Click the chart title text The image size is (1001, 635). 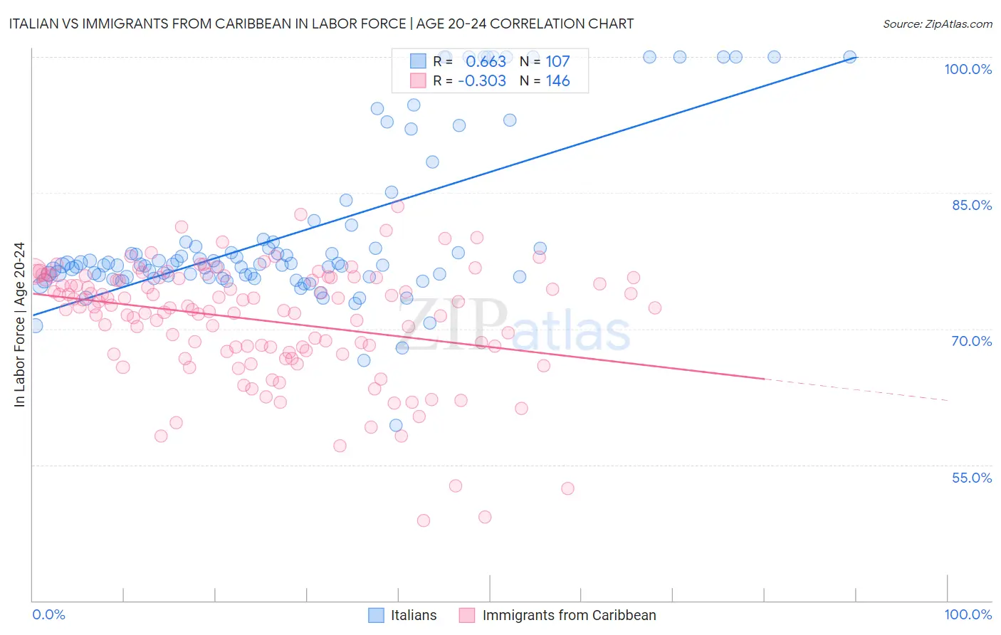pyautogui.click(x=320, y=23)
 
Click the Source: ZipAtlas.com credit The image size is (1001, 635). pyautogui.click(x=937, y=23)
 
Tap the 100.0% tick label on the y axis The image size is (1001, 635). pyautogui.click(x=968, y=69)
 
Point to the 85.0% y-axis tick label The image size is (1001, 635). pyautogui.click(x=972, y=205)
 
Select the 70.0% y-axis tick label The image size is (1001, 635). pyautogui.click(x=972, y=341)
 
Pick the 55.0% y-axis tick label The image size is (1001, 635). pyautogui.click(x=972, y=478)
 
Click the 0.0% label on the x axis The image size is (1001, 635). pyautogui.click(x=48, y=614)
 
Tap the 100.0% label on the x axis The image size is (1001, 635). pyautogui.click(x=968, y=614)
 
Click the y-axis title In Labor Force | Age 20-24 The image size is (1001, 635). pyautogui.click(x=19, y=325)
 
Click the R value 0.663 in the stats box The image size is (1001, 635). pyautogui.click(x=486, y=62)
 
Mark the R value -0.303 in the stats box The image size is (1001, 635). pyautogui.click(x=482, y=81)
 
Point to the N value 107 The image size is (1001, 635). pyautogui.click(x=557, y=62)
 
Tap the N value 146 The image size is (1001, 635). pyautogui.click(x=557, y=81)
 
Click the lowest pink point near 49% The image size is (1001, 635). pyautogui.click(x=424, y=520)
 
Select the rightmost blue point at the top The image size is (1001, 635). pyautogui.click(x=849, y=57)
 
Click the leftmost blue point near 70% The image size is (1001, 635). pyautogui.click(x=36, y=325)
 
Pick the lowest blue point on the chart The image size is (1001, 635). pyautogui.click(x=396, y=426)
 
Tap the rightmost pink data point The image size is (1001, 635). pyautogui.click(x=655, y=308)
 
